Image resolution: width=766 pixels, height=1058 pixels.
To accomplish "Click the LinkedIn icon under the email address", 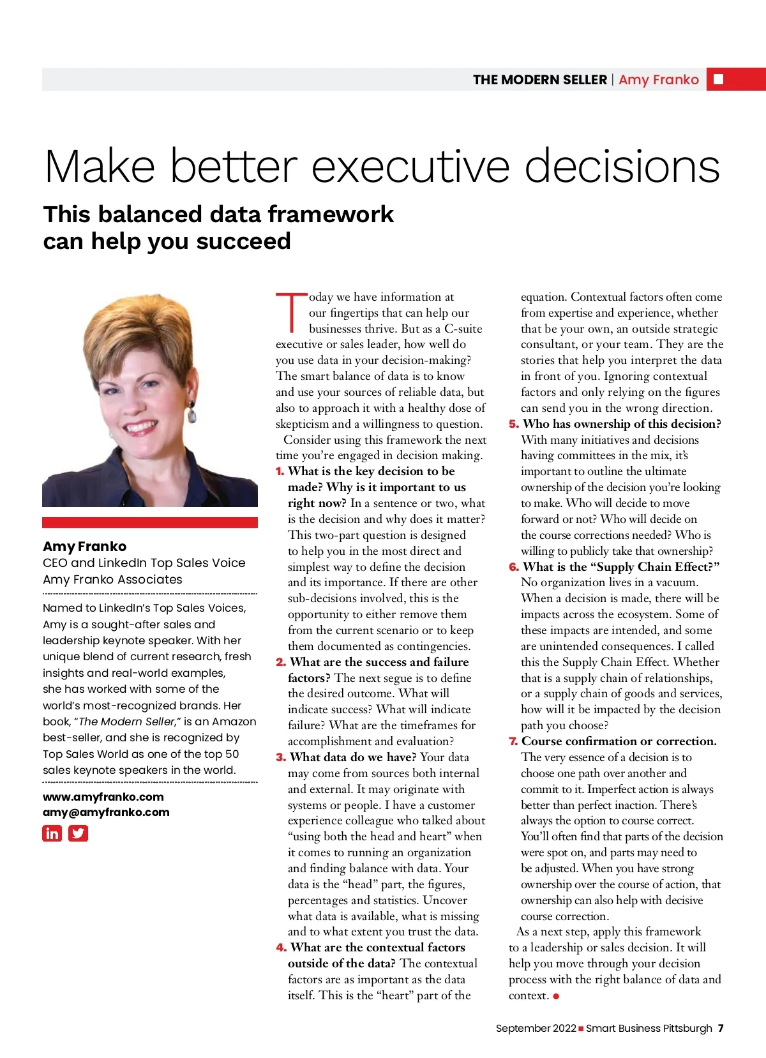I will (x=52, y=833).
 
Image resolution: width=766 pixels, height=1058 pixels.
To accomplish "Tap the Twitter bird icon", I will (x=78, y=833).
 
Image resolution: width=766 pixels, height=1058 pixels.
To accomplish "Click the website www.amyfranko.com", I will (x=103, y=797).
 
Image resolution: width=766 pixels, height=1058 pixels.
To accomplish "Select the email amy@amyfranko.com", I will (x=106, y=812).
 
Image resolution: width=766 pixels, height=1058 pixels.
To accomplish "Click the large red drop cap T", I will (x=291, y=313).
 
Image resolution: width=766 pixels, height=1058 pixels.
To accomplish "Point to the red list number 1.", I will (x=280, y=472).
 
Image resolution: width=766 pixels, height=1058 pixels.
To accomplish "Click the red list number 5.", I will (x=513, y=424).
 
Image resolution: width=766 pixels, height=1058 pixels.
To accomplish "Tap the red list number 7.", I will (x=513, y=741).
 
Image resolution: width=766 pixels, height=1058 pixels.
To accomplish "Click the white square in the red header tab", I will (x=718, y=79).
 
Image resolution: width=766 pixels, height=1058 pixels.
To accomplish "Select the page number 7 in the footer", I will (x=721, y=1029).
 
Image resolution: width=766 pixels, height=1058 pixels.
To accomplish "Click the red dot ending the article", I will (x=556, y=996).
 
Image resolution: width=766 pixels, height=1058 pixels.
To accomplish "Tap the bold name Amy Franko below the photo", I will (x=84, y=547).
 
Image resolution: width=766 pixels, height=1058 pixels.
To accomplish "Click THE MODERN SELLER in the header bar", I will (x=539, y=80).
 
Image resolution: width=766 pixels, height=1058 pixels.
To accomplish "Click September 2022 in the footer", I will (x=536, y=1029).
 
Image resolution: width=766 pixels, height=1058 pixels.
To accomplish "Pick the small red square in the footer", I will (x=581, y=1029).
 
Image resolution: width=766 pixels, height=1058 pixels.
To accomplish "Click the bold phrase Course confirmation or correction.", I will (x=619, y=741).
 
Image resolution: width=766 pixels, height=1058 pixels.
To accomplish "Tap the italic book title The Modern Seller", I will (x=126, y=722).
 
